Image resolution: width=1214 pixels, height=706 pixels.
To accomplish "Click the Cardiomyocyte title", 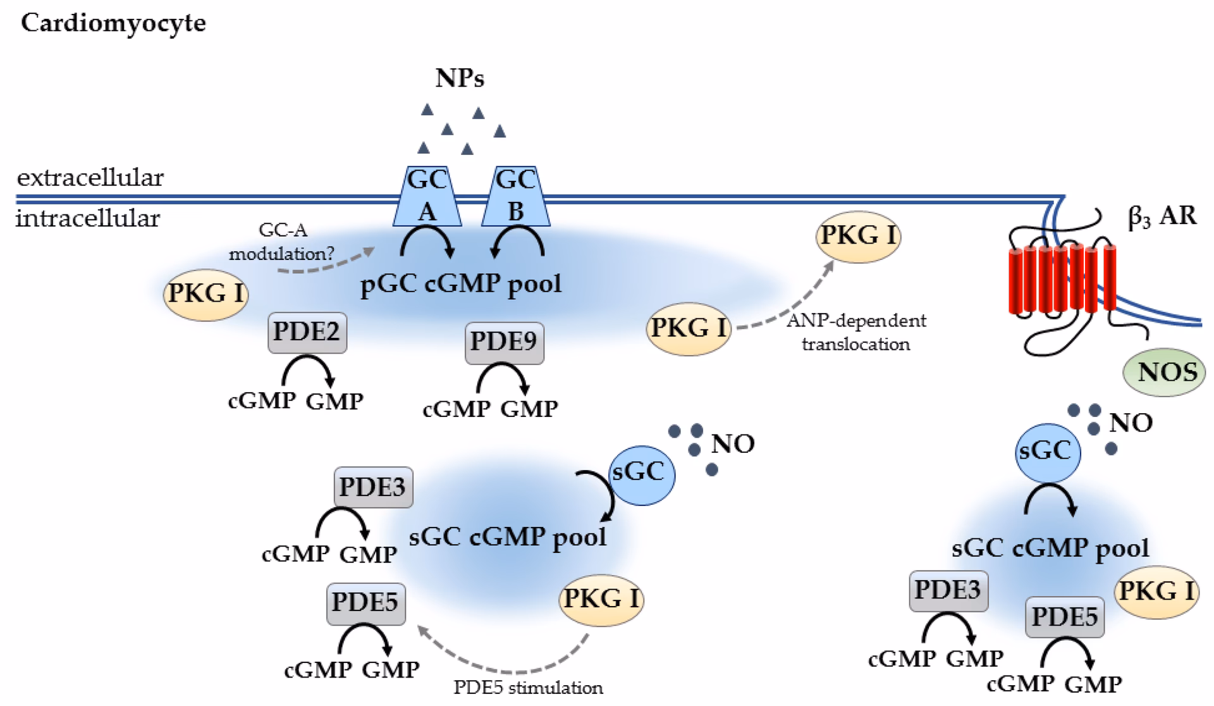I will [x=113, y=23].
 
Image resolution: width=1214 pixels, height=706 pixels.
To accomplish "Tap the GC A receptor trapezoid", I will [x=427, y=196].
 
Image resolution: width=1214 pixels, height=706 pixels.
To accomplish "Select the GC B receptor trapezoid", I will [x=515, y=196].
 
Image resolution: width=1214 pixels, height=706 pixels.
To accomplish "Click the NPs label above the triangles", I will [x=460, y=78].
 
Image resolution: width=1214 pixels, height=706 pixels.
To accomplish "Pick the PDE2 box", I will [x=307, y=332].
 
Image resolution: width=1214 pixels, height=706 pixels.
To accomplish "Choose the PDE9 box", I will [x=504, y=342].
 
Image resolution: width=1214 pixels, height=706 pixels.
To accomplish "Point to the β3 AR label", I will [x=1162, y=217].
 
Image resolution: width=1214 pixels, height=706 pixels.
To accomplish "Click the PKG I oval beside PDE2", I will [x=205, y=294].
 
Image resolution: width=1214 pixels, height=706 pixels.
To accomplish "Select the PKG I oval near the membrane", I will [x=858, y=236].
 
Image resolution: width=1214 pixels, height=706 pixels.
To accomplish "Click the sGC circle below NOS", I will [x=1047, y=451].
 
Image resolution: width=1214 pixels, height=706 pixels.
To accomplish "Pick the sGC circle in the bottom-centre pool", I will [x=641, y=473].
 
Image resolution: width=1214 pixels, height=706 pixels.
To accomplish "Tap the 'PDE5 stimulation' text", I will [x=528, y=688].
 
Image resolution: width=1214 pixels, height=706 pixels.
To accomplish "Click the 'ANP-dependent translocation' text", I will [x=856, y=332].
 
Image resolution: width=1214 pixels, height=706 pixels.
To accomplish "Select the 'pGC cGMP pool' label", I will [x=461, y=284].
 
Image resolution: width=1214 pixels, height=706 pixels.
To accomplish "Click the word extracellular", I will [x=90, y=178].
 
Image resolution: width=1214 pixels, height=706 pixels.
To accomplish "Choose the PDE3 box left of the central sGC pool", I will [x=373, y=488].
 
